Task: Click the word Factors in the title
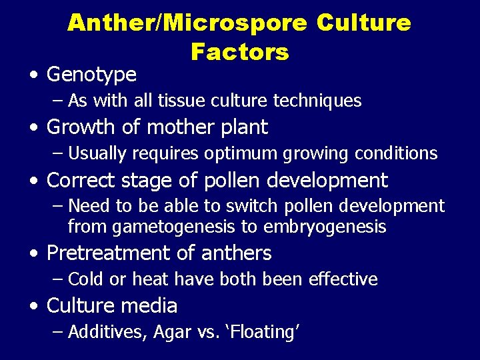[x=239, y=51]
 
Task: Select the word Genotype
[x=91, y=75]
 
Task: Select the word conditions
[x=395, y=153]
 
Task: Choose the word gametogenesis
[x=175, y=227]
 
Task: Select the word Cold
[x=87, y=279]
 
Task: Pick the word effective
[x=343, y=279]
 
